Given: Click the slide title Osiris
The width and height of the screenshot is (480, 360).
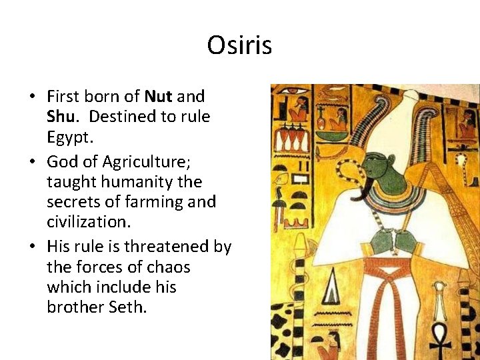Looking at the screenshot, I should tap(239, 45).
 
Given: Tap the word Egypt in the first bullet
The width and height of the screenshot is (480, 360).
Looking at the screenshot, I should tap(70, 138).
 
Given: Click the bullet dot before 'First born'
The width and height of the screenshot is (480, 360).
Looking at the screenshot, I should tap(33, 97).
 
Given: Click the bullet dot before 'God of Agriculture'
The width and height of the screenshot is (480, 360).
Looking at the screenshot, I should tap(33, 161).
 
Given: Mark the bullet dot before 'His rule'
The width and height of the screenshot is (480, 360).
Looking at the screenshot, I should tap(33, 247).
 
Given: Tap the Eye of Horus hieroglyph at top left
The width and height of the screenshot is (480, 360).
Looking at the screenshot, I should tap(292, 90).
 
